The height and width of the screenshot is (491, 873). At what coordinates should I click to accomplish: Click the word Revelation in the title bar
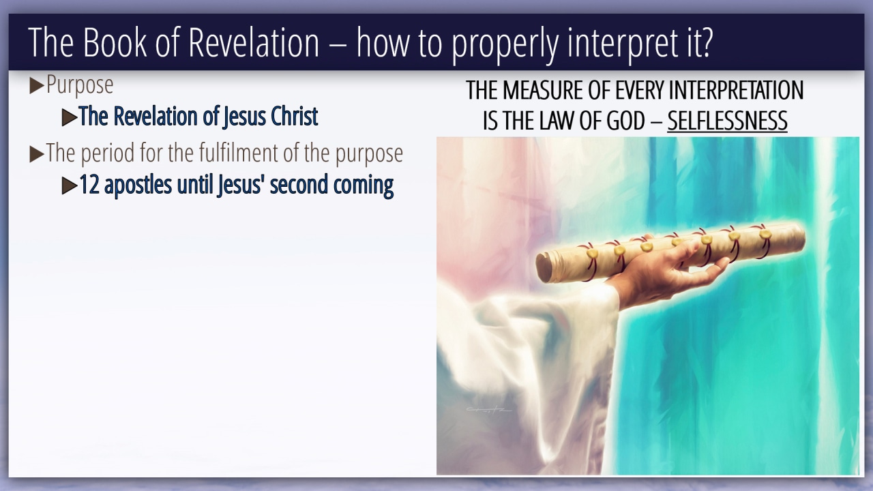coord(254,42)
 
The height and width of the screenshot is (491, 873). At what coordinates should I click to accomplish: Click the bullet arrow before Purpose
coord(37,86)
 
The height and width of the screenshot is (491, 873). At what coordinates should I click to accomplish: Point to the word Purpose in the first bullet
coord(80,85)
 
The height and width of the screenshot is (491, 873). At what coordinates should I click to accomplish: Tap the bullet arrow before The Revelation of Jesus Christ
coord(70,117)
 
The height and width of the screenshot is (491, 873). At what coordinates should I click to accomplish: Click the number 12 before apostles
coord(89,185)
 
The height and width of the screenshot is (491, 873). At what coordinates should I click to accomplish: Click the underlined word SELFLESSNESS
coord(727,121)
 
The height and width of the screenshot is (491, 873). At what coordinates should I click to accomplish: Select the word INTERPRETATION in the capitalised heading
coord(736,91)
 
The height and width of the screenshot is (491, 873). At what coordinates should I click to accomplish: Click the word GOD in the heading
coord(625,121)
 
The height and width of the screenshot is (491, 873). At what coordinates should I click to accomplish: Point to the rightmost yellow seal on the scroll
coord(765,234)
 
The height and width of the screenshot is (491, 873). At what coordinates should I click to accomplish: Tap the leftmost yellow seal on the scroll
coord(592,253)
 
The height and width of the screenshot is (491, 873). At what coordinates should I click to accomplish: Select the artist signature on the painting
coord(488,410)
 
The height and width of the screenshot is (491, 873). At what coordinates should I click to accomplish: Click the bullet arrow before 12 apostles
coord(70,186)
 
